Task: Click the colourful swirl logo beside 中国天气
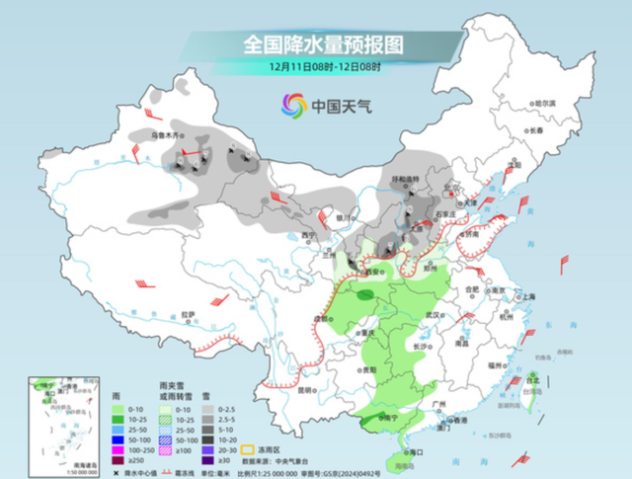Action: point(292,105)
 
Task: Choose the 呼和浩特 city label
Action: point(406,180)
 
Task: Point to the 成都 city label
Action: point(324,318)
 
